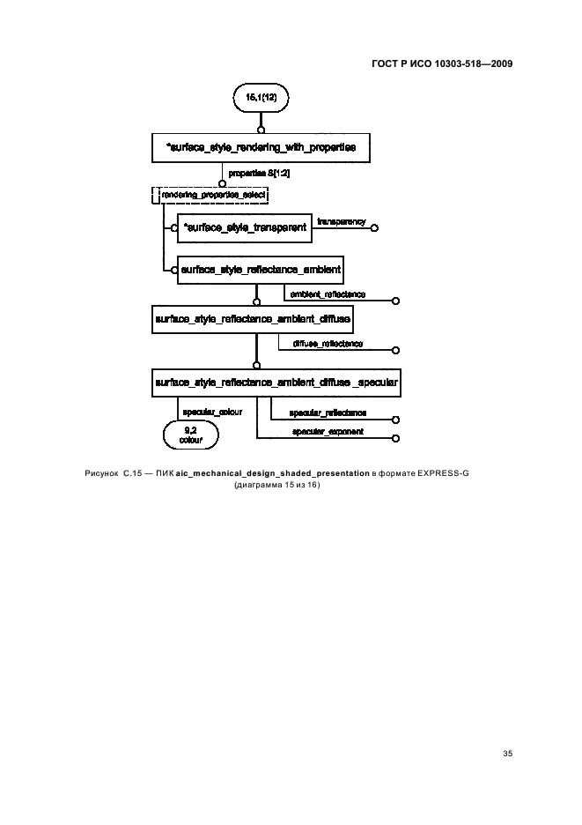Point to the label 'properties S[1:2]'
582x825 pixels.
(259, 173)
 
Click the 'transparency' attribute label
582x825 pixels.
(342, 221)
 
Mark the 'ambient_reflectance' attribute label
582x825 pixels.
(328, 294)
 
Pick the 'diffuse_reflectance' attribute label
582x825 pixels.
(328, 344)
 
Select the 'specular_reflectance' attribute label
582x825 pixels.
(328, 413)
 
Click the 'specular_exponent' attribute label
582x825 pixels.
(328, 431)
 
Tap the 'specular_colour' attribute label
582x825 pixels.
(212, 412)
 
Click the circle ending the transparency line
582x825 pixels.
(374, 227)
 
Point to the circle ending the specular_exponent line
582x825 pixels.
(396, 438)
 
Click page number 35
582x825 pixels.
(507, 754)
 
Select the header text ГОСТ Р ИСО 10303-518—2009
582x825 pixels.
(442, 63)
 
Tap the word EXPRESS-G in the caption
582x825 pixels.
(443, 473)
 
